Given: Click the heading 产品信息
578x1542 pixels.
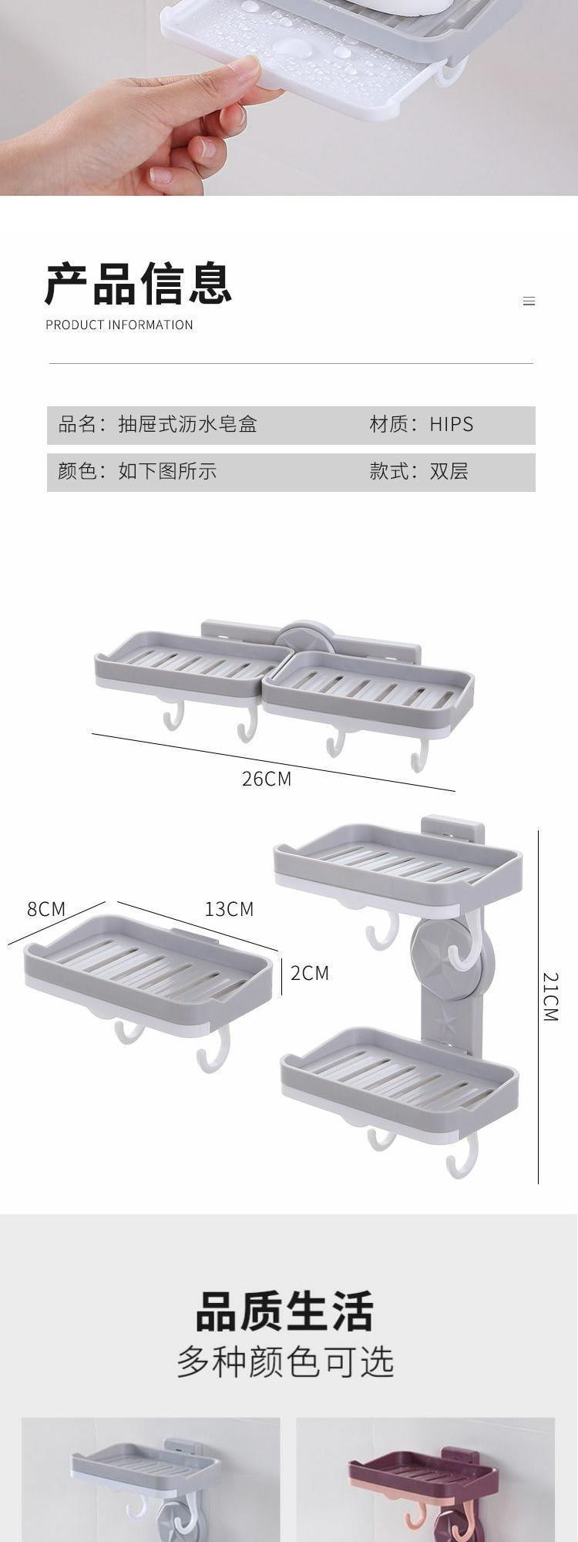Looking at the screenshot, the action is (138, 284).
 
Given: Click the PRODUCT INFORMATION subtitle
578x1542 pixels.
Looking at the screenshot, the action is (119, 325).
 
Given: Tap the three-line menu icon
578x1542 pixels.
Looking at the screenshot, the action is (529, 301).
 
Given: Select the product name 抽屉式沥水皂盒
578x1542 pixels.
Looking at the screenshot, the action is (187, 424).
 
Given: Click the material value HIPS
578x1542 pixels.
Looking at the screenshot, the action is (452, 424).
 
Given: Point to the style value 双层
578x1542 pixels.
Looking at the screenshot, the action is (449, 471).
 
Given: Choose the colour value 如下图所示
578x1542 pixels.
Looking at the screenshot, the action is (167, 471).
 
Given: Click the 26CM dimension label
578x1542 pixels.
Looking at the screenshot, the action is (267, 779).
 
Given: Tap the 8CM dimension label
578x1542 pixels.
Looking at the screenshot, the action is (46, 909).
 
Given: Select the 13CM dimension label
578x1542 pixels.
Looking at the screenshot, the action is (229, 909).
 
